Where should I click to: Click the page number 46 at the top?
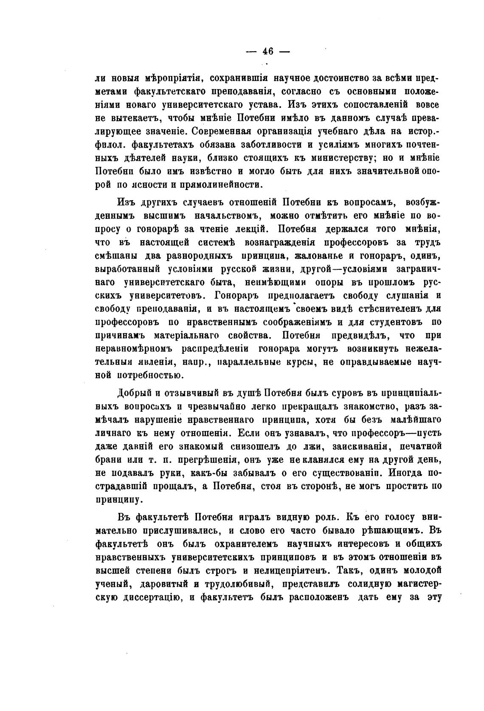[267, 51]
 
